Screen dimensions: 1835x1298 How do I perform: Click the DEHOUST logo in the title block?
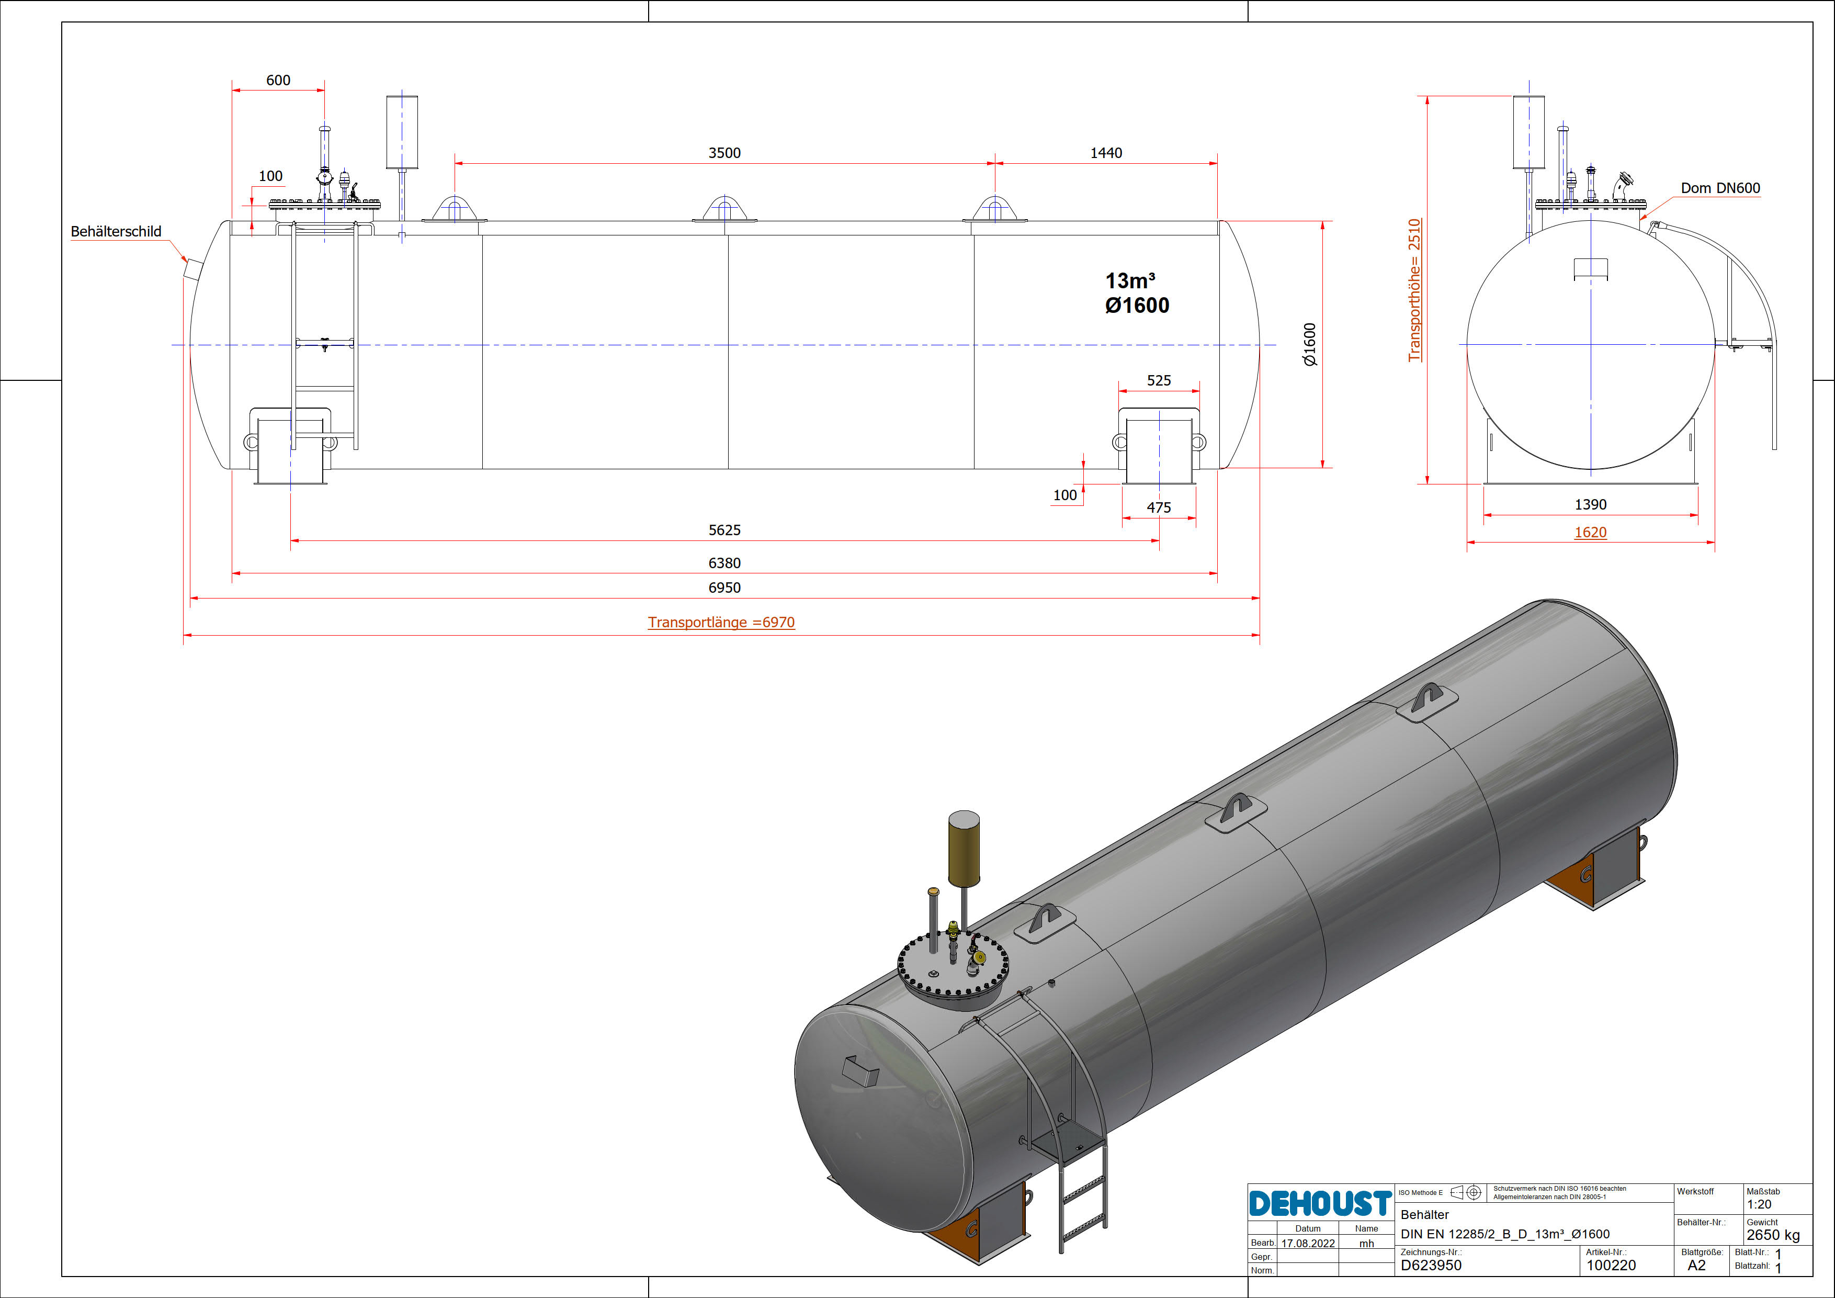(1320, 1203)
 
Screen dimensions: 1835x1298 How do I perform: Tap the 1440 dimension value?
(1106, 153)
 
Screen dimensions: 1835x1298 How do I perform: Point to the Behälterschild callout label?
(116, 232)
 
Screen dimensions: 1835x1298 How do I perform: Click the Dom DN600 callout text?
(1720, 188)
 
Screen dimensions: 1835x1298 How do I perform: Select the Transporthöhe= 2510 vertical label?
(1414, 290)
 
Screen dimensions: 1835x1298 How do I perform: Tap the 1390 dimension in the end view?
(1590, 504)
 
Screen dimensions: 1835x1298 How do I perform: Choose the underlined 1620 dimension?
(1590, 532)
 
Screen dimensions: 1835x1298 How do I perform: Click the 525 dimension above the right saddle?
(1159, 380)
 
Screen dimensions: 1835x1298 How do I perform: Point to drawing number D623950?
(1431, 1265)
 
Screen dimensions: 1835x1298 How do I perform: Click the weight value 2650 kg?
(1773, 1235)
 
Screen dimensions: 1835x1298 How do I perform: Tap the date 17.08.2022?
(1308, 1244)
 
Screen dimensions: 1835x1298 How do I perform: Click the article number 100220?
(1611, 1265)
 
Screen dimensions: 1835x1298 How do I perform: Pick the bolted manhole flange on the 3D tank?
(953, 969)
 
